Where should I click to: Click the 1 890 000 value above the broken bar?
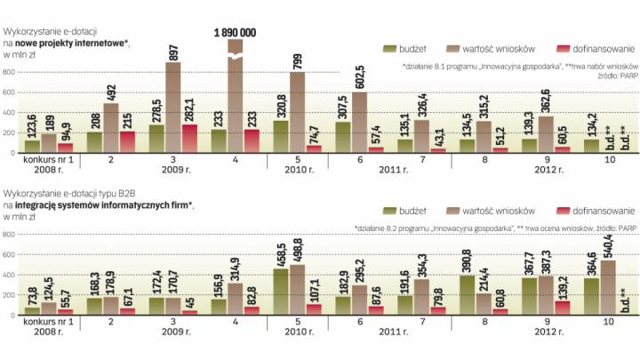pyautogui.click(x=235, y=32)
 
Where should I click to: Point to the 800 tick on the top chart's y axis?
pyautogui.click(x=9, y=73)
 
